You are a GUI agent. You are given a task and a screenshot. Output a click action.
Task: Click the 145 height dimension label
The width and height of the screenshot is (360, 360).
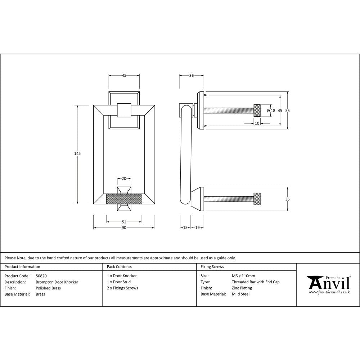[x=77, y=153]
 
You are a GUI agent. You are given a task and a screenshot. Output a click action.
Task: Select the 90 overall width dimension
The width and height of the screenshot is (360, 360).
[x=124, y=228]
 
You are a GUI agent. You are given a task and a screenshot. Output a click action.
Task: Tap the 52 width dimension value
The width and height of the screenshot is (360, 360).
[x=124, y=222]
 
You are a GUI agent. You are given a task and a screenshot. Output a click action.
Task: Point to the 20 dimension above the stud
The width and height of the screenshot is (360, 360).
[x=124, y=179]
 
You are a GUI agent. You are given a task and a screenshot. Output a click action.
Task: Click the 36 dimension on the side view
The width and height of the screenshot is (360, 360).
[x=192, y=76]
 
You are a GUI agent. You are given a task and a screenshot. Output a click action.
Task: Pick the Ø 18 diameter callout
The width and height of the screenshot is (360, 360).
[x=271, y=111]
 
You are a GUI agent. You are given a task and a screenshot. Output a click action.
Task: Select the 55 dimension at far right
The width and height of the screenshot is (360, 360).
[x=287, y=111]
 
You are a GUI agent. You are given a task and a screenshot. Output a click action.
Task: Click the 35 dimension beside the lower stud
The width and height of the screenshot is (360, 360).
[x=287, y=199]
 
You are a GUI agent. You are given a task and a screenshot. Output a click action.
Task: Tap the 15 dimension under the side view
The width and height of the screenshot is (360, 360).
[x=185, y=228]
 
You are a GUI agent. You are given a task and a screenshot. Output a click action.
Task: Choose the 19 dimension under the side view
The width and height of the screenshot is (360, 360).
[x=197, y=228]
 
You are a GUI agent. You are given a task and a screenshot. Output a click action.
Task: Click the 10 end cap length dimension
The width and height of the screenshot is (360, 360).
[x=257, y=123]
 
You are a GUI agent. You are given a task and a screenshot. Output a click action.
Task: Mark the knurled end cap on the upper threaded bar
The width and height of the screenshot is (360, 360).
[x=257, y=110]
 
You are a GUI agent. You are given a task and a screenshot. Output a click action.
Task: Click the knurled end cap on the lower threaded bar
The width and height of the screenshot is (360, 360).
[x=257, y=199]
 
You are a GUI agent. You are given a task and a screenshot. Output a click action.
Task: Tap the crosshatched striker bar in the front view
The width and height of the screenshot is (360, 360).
[x=124, y=199]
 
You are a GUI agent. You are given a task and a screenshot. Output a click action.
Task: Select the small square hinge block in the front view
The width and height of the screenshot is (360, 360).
[x=124, y=110]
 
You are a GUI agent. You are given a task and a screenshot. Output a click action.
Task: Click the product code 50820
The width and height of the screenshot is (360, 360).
[x=41, y=276]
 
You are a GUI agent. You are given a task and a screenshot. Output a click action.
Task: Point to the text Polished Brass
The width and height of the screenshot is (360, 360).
[x=48, y=288]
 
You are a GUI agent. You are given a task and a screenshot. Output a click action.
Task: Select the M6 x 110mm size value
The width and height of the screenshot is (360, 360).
[x=243, y=276]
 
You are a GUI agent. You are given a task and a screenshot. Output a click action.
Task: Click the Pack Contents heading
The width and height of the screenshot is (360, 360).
[x=119, y=267]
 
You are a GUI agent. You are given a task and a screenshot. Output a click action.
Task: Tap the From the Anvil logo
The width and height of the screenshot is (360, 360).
[x=328, y=285]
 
